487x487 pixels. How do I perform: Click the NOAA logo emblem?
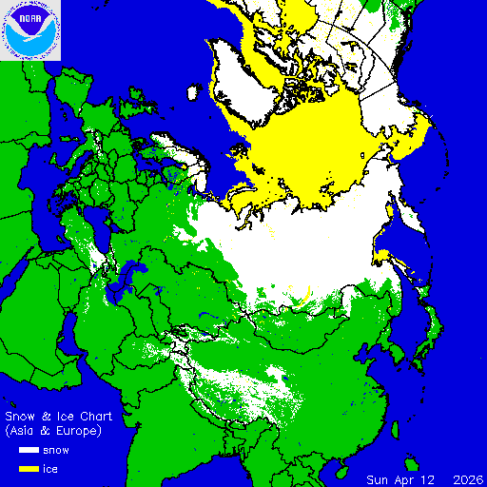pyautogui.click(x=30, y=30)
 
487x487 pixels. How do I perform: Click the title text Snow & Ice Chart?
pyautogui.click(x=59, y=417)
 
